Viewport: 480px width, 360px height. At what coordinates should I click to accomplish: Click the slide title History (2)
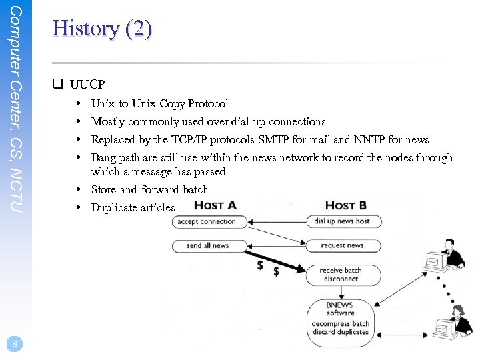102,29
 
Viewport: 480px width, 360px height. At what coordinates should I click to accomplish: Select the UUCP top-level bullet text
87,85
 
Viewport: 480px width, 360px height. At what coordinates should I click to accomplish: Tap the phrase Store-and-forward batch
149,190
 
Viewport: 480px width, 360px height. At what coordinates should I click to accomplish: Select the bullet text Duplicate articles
133,208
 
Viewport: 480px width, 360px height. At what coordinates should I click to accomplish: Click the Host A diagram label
215,205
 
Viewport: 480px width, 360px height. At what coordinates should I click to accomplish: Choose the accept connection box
207,221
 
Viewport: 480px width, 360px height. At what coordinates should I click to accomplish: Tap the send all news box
208,245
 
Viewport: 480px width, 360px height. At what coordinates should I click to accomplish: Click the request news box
342,245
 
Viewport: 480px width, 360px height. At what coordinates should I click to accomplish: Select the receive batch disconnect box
341,275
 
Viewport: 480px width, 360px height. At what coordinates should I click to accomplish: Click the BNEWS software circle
340,319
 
